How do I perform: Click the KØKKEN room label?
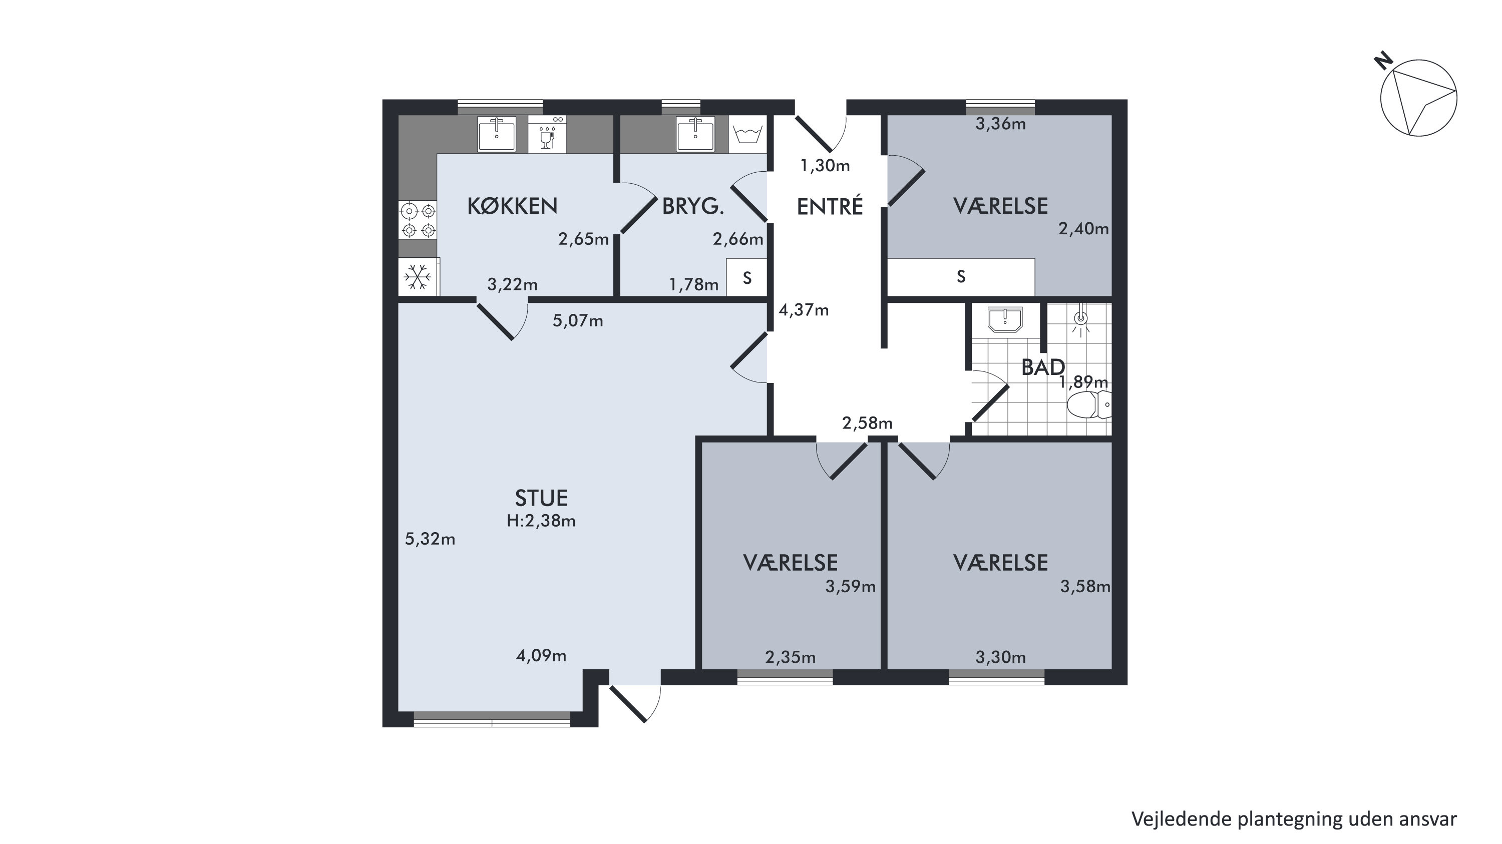512,206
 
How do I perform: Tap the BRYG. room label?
693,206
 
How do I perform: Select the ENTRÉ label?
830,206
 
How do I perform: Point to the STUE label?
541,498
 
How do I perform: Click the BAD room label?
1043,367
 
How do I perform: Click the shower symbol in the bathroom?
1080,322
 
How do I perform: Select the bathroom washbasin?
1005,319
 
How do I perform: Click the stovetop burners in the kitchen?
418,220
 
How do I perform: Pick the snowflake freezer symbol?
418,276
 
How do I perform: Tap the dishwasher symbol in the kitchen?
547,134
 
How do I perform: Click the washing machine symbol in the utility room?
747,135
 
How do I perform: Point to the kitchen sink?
497,134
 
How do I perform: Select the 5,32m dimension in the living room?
430,539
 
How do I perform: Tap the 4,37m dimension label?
804,310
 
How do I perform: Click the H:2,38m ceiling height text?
541,521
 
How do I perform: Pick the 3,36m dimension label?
1000,124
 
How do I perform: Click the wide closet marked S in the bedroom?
961,277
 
